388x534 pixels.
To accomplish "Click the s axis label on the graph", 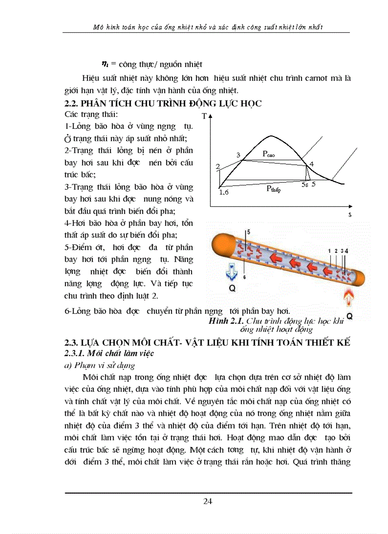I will click(350, 215).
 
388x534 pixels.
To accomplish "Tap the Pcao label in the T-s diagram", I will click(269, 154).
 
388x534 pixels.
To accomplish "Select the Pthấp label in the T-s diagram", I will click(274, 189).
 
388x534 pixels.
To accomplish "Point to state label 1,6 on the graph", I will click(224, 192).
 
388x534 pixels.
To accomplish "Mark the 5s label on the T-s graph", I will click(305, 184).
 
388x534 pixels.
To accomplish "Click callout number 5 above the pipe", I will click(248, 232).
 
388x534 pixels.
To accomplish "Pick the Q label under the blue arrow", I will click(232, 288).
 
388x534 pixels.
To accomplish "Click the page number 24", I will click(207, 501).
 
